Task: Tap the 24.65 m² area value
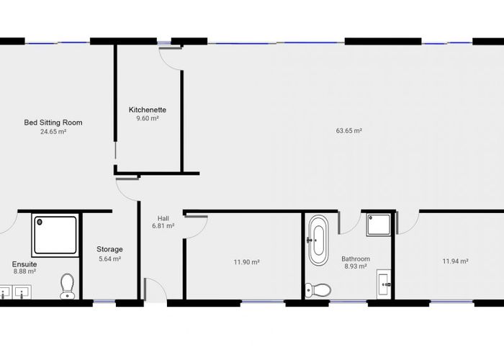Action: point(53,132)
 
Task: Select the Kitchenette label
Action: point(148,109)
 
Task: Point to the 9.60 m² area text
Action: point(148,118)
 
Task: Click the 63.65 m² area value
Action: point(348,131)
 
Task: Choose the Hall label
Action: point(163,217)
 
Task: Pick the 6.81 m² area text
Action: point(163,226)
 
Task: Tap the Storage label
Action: point(109,249)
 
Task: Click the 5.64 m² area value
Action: point(109,258)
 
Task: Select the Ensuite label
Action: point(24,264)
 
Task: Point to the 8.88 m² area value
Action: point(24,272)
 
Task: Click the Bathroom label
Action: point(356,258)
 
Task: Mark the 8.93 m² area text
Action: point(356,266)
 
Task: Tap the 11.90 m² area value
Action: point(246,262)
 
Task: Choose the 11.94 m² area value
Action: point(455,261)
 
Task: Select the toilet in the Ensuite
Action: point(68,285)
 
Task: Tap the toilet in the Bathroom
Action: point(318,289)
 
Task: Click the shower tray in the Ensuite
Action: point(55,235)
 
